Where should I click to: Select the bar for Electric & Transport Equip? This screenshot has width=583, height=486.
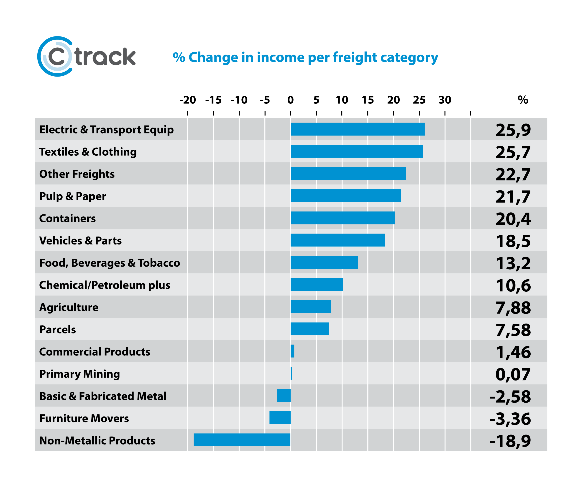coord(358,129)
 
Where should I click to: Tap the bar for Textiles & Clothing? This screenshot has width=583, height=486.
coord(357,151)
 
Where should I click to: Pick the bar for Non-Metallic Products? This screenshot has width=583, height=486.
coord(242,440)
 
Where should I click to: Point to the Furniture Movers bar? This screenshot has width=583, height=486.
coord(280,418)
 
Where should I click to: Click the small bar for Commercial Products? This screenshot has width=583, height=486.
coord(292,351)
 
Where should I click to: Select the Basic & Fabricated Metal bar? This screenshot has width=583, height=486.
coord(284,396)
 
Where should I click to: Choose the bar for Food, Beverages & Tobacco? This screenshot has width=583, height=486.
coord(324,262)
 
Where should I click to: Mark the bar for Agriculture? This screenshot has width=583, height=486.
coord(311,307)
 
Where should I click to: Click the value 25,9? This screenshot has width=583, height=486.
coord(513,130)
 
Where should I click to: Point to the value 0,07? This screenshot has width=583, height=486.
coord(513,374)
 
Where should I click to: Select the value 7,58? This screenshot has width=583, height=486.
coord(513,330)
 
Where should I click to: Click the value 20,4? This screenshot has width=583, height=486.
coord(513,219)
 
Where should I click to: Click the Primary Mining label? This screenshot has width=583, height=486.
coord(79,374)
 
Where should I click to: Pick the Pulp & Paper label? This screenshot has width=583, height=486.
coord(72,196)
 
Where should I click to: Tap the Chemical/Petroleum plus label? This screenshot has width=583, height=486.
coord(105,285)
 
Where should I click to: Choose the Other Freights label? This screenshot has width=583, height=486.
coord(77,174)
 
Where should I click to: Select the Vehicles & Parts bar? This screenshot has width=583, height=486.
coord(338,240)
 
